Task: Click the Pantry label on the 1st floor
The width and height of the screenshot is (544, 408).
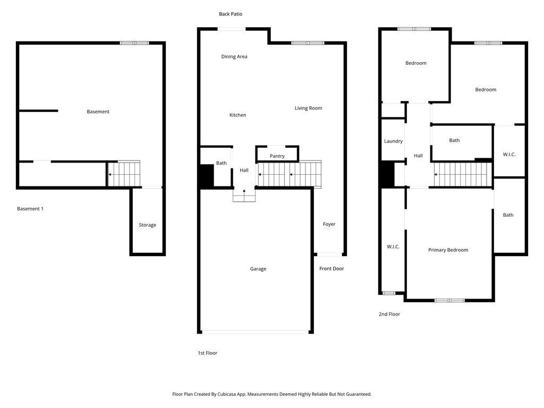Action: click(x=277, y=156)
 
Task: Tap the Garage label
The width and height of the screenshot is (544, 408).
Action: click(x=258, y=269)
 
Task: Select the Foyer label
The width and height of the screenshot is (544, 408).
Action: click(x=329, y=224)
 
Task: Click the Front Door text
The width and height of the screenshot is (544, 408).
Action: click(x=331, y=269)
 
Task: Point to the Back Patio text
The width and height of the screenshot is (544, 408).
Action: click(x=231, y=14)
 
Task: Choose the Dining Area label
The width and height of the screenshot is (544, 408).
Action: click(x=234, y=57)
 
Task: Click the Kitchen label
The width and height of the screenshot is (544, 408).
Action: click(x=237, y=115)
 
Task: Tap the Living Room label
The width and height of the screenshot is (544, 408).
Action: click(x=308, y=108)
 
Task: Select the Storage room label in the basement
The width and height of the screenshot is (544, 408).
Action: click(x=147, y=225)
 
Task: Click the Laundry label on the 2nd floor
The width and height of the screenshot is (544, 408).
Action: click(x=393, y=141)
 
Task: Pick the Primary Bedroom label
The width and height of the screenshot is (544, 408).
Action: click(x=448, y=250)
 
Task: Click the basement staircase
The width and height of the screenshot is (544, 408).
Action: click(x=124, y=174)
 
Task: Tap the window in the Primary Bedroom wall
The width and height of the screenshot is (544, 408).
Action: click(x=449, y=301)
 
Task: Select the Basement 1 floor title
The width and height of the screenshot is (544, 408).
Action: click(x=30, y=209)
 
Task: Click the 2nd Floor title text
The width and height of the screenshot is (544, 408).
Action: click(x=389, y=314)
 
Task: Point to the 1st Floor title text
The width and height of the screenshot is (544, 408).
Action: click(x=207, y=353)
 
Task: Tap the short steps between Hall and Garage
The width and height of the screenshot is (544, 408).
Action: click(x=244, y=195)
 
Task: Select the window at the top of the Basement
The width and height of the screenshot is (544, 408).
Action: click(x=134, y=43)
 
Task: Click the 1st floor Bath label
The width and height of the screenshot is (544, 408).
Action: click(x=221, y=163)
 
